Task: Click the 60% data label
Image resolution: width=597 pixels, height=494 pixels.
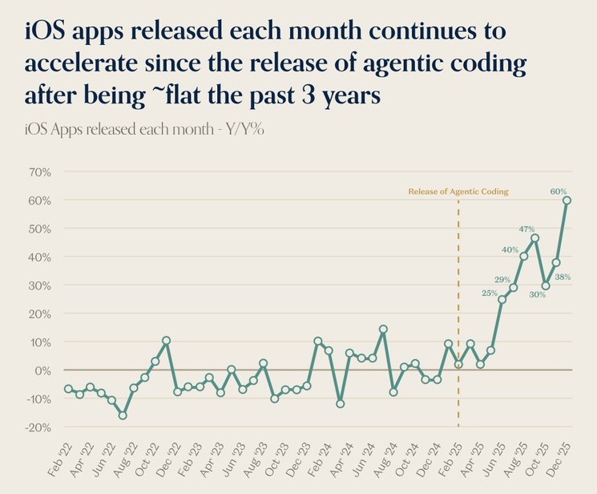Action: (x=559, y=191)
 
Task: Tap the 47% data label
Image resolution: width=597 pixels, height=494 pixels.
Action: (x=526, y=229)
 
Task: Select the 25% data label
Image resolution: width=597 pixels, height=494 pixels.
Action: (x=490, y=293)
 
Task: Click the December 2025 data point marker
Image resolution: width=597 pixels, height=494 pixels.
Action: (x=567, y=200)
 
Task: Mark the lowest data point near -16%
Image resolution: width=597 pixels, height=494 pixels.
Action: (x=123, y=415)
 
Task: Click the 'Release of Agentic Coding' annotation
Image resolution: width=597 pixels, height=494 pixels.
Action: (x=458, y=192)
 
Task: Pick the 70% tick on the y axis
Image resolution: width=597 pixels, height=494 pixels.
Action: (x=38, y=172)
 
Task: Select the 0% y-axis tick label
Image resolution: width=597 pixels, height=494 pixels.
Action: (x=42, y=370)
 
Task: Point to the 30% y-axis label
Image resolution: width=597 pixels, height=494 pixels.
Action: (x=38, y=285)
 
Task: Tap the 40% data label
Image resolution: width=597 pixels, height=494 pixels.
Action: (x=510, y=249)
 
